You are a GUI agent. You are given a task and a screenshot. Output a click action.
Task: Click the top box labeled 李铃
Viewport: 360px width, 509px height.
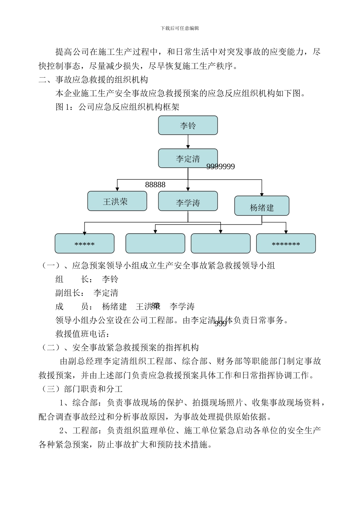pyautogui.click(x=188, y=125)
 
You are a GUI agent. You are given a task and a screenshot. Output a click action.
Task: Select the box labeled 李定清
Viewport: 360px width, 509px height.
pyautogui.click(x=188, y=158)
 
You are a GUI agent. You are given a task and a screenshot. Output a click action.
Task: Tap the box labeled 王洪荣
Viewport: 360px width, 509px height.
pyautogui.click(x=117, y=201)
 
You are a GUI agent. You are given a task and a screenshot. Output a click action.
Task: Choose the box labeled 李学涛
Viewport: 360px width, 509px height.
pyautogui.click(x=188, y=201)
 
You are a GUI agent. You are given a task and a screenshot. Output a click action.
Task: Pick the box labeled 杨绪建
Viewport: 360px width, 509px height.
pyautogui.click(x=262, y=206)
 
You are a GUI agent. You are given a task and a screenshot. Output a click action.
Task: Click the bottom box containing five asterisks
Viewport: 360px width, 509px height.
pyautogui.click(x=85, y=244)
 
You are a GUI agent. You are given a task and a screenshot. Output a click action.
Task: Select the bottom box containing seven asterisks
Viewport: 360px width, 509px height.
pyautogui.click(x=286, y=244)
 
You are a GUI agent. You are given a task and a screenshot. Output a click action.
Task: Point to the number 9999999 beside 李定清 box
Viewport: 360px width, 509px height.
pyautogui.click(x=221, y=167)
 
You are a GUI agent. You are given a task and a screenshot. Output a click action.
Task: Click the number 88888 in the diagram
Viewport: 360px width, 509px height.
pyautogui.click(x=155, y=185)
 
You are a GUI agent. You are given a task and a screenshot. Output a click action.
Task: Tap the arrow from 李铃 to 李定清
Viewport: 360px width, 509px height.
pyautogui.click(x=188, y=142)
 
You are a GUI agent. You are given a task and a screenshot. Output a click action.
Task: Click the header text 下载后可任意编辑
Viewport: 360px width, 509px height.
pyautogui.click(x=180, y=28)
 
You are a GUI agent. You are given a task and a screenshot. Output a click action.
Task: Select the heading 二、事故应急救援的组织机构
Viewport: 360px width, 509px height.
pyautogui.click(x=93, y=80)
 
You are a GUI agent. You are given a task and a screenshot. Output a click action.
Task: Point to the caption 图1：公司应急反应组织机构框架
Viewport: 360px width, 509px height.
pyautogui.click(x=117, y=107)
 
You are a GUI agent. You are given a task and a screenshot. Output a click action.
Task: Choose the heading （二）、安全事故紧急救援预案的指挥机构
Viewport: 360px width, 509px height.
pyautogui.click(x=119, y=348)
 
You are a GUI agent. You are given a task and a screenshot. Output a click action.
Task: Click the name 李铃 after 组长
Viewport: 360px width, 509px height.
pyautogui.click(x=110, y=279)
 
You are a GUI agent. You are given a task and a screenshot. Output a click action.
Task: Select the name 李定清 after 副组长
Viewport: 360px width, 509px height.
pyautogui.click(x=106, y=293)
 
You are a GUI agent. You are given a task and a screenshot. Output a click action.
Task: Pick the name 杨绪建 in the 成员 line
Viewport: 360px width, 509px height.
pyautogui.click(x=114, y=307)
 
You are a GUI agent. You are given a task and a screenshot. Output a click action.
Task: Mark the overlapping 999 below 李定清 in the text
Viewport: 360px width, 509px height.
pyautogui.click(x=221, y=323)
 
